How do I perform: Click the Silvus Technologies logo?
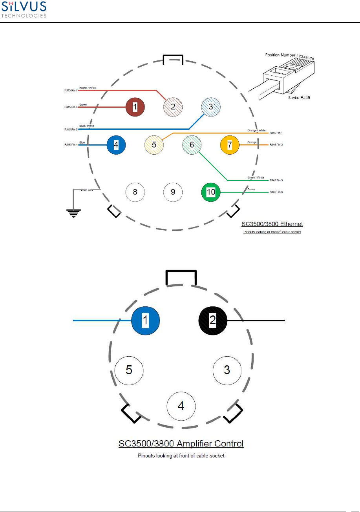pos(24,9)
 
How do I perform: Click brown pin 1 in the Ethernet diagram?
pos(135,107)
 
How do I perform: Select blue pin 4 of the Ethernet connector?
pos(116,144)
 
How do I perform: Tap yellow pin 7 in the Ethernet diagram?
pos(230,145)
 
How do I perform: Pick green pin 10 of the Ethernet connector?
pos(211,192)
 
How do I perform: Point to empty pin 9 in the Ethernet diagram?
pos(173,192)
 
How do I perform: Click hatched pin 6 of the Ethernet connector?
pos(192,144)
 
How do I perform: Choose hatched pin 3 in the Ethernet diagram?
pos(211,107)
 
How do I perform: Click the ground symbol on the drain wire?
pos(73,212)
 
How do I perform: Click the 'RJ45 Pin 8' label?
pos(71,107)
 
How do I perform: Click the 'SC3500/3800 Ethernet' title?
pos(272,224)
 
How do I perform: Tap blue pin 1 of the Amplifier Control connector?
pos(145,320)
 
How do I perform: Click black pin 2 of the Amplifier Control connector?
pos(213,320)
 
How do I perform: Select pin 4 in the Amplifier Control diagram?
pos(181,406)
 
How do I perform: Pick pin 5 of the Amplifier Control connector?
pos(129,370)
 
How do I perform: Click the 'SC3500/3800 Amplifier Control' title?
pos(181,444)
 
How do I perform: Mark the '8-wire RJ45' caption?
pos(299,98)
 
